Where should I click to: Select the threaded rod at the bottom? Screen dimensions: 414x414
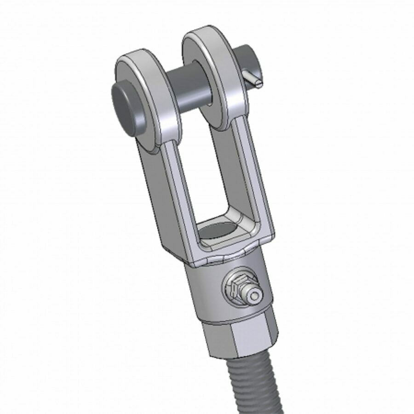click(x=253, y=386)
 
